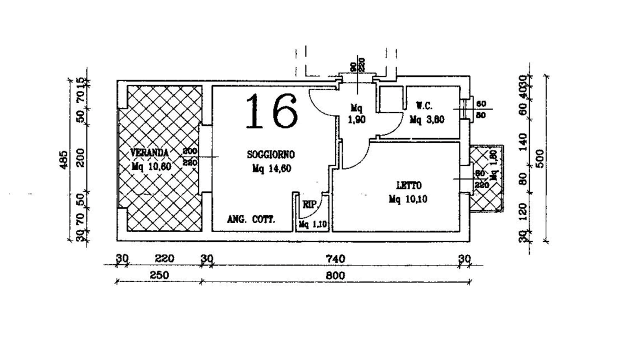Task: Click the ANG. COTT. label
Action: click(251, 220)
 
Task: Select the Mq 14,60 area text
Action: click(272, 169)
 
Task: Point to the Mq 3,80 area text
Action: click(427, 120)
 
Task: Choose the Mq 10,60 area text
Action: click(152, 166)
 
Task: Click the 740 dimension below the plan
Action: click(335, 259)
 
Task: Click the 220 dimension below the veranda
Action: click(164, 259)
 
